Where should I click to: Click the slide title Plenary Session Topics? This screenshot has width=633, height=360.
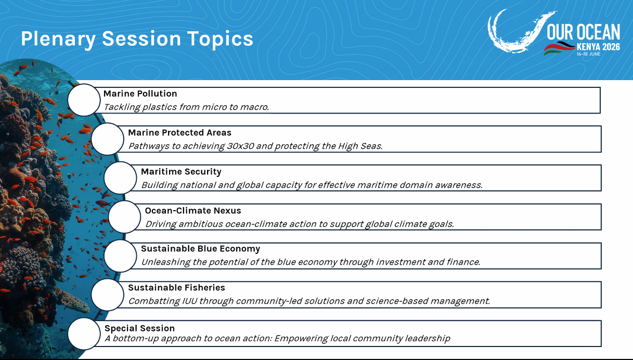click(137, 38)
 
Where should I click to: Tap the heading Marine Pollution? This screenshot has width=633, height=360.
click(140, 94)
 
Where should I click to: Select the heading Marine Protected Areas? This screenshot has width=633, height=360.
click(180, 133)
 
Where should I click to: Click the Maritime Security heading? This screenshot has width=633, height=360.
click(181, 172)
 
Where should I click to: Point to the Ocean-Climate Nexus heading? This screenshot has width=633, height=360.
click(193, 211)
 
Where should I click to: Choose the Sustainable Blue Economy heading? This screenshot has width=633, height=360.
click(200, 249)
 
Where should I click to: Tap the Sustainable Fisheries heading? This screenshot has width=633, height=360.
click(177, 287)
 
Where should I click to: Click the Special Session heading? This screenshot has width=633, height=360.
click(139, 328)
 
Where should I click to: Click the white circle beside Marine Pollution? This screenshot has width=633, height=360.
click(84, 100)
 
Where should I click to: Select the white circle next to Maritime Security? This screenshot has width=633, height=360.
click(120, 178)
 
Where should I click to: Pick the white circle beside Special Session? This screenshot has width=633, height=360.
click(84, 333)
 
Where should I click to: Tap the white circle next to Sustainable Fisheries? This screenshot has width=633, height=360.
click(108, 295)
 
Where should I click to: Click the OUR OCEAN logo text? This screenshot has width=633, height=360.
click(583, 32)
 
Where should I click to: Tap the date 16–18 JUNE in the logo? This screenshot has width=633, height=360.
click(589, 54)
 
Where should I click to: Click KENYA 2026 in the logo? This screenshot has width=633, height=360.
click(598, 47)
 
